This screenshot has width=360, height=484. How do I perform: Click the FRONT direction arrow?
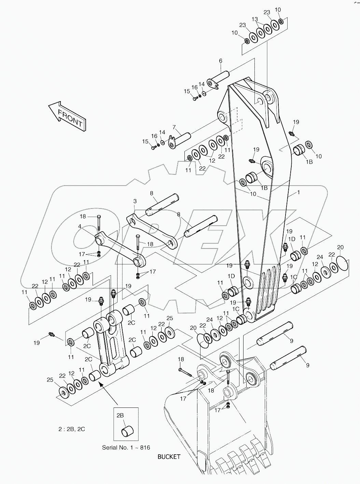[x=67, y=116]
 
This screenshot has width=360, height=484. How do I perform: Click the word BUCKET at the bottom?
[x=169, y=457]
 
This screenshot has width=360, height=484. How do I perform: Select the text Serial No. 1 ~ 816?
[x=126, y=447]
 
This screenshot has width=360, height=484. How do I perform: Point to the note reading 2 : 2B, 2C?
[x=71, y=429]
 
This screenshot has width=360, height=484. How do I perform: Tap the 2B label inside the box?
[x=120, y=415]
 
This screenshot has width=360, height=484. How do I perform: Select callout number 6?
[x=221, y=61]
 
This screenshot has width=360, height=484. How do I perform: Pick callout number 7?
[x=174, y=127]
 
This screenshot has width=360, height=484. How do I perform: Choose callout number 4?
[x=79, y=226]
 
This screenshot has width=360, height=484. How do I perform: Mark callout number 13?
[x=255, y=19]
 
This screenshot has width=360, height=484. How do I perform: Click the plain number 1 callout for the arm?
[x=298, y=193]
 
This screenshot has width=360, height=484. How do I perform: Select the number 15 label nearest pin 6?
[x=187, y=91]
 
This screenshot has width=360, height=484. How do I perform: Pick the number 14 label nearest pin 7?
[x=162, y=132]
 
